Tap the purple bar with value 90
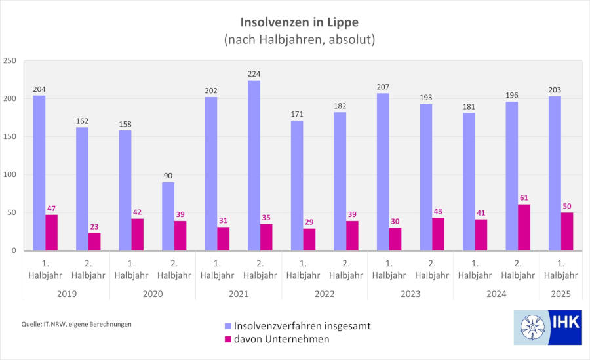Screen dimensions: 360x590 [x=168, y=216]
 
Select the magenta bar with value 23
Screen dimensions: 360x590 [x=95, y=241]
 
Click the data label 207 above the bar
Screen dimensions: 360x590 [x=383, y=87]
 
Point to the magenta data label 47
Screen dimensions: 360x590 [x=52, y=208]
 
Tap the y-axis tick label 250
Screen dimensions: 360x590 [x=10, y=61]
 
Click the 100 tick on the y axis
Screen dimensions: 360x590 [x=10, y=175]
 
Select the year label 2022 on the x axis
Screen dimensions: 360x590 [x=324, y=294]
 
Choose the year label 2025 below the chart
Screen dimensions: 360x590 [x=560, y=294]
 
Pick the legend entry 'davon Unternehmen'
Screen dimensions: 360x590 [x=282, y=339]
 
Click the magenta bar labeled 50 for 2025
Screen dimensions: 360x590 [x=567, y=231]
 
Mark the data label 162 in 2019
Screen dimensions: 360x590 [x=82, y=121]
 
